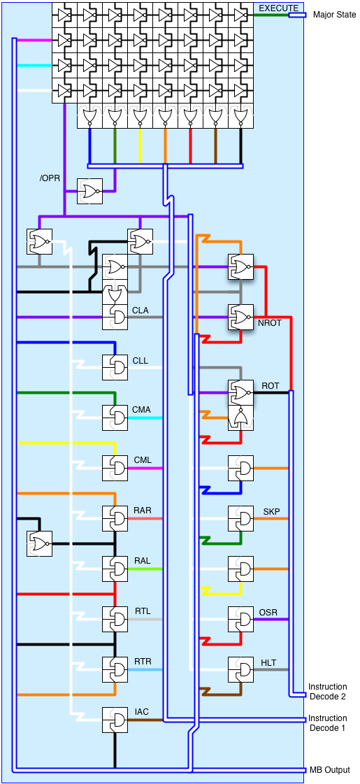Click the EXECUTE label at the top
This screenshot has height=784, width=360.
[278, 8]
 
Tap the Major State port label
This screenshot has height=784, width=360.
[335, 15]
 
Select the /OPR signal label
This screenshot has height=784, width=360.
[50, 178]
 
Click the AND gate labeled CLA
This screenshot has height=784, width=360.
[115, 317]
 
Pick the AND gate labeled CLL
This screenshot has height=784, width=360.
[115, 367]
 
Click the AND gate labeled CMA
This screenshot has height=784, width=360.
[115, 418]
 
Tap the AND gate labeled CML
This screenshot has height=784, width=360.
[115, 468]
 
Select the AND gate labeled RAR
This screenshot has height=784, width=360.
[115, 518]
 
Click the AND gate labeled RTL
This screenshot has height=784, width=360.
[115, 619]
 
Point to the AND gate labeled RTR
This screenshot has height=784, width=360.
[115, 669]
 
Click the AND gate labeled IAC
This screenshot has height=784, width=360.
[115, 720]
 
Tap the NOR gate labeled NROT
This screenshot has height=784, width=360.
[241, 317]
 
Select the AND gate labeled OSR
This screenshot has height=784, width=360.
[241, 619]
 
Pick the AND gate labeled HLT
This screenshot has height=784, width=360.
[241, 669]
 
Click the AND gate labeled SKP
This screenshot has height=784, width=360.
[241, 518]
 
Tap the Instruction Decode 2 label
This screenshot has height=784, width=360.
[328, 692]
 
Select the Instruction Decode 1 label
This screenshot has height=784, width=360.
[328, 723]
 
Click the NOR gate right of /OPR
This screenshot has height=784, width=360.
[90, 191]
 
